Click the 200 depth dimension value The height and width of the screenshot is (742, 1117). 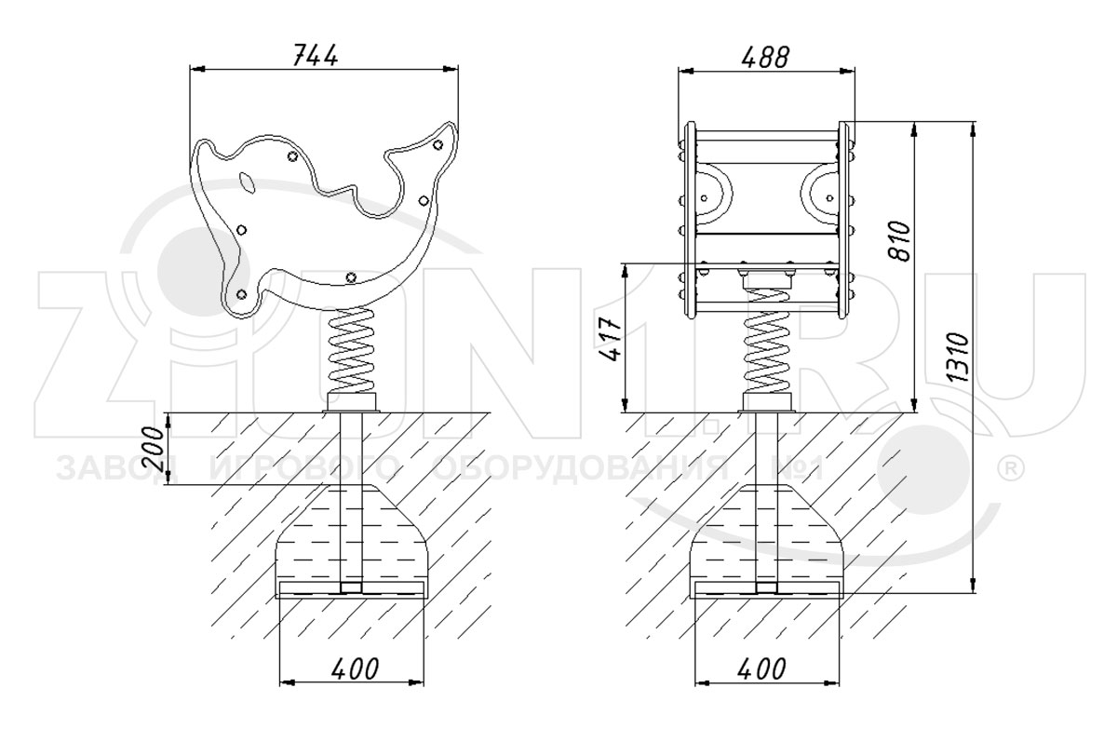(x=155, y=449)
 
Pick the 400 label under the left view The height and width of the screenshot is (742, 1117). (x=353, y=668)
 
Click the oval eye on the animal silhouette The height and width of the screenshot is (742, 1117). (x=246, y=182)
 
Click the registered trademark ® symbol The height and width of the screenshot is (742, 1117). (x=1009, y=465)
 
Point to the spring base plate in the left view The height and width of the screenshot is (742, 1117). (x=352, y=403)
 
